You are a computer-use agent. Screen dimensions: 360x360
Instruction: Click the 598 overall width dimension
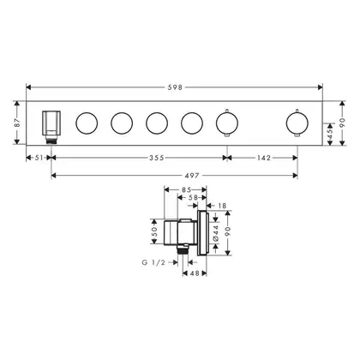175,87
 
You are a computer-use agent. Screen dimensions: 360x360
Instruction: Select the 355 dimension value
157,158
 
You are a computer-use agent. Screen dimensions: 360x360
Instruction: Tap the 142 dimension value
263,158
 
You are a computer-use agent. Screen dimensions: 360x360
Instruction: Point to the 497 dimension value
191,176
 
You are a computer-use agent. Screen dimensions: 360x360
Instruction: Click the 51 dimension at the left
39,158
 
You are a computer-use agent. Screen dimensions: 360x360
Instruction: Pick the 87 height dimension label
17,123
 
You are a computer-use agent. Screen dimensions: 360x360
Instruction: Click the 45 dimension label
330,134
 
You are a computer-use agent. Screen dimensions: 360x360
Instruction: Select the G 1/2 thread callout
153,262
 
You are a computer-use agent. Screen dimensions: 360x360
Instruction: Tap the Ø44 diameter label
215,233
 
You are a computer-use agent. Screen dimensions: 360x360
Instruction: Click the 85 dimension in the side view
186,189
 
